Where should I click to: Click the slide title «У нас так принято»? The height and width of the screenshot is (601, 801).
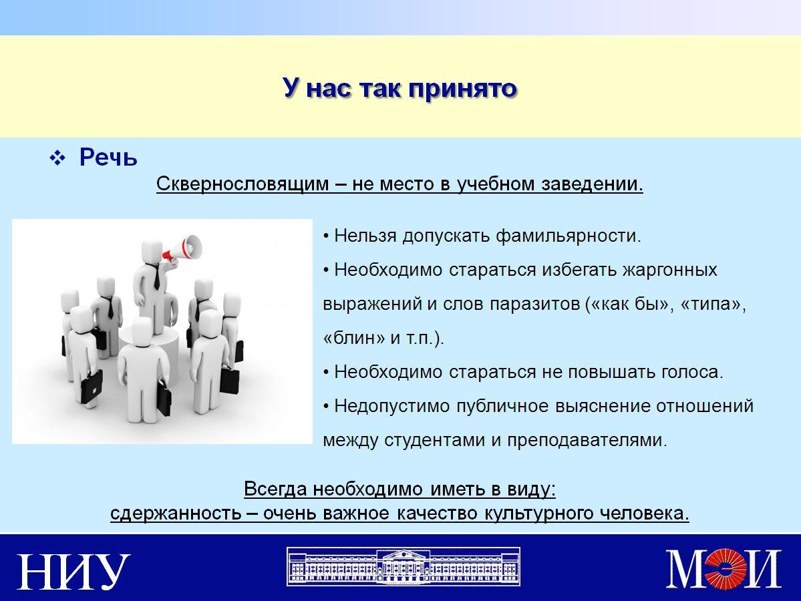400,88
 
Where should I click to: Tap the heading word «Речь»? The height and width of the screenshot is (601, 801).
108,158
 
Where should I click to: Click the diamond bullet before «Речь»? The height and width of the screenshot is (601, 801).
57,158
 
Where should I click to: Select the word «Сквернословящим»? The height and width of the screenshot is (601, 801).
243,184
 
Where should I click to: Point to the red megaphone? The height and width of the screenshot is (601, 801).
183,249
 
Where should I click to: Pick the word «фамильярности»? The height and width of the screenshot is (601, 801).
568,236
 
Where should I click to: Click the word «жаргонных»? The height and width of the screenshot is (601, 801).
669,270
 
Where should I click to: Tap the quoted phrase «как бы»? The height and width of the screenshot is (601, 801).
629,304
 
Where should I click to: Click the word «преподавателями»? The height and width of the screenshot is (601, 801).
587,440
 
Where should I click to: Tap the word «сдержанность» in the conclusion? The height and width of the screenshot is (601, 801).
176,513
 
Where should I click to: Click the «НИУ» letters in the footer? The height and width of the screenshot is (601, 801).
73,571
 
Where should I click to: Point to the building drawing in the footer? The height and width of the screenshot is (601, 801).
404,567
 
